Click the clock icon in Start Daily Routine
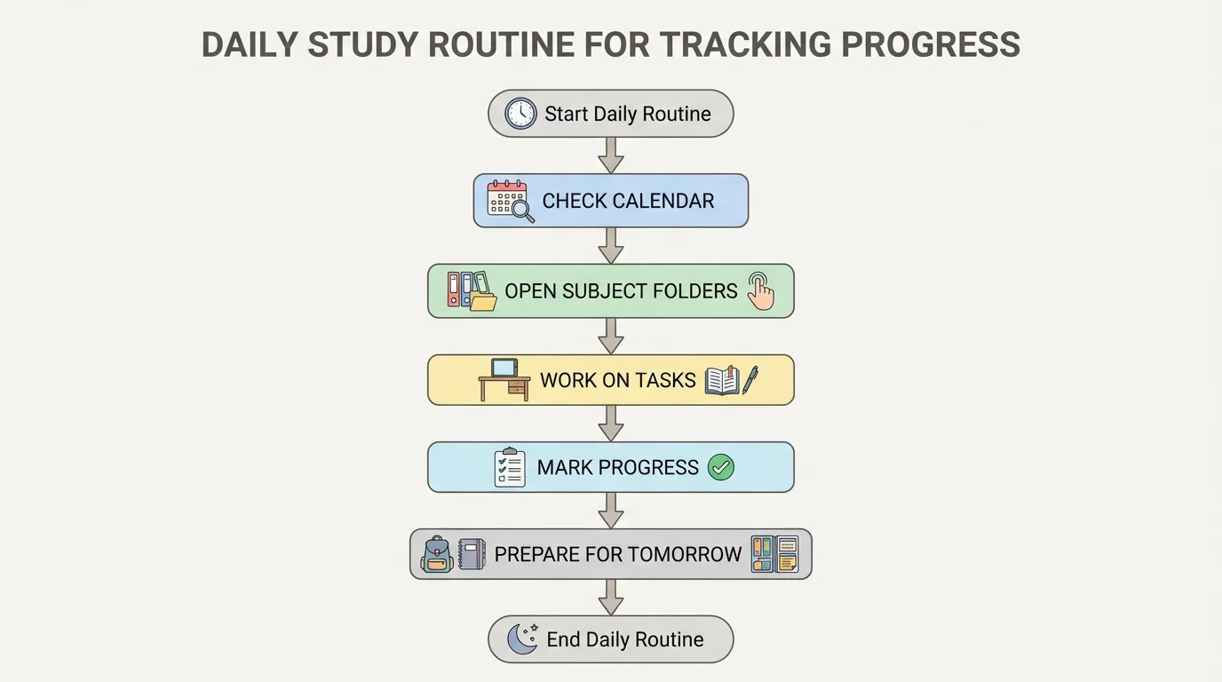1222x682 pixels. point(520,114)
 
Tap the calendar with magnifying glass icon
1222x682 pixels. point(510,201)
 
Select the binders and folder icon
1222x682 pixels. point(472,290)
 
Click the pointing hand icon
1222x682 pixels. point(760,290)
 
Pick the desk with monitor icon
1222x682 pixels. point(504,379)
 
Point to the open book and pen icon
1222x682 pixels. point(731,380)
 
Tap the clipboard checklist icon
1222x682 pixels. point(509,467)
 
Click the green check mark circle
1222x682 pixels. point(720,467)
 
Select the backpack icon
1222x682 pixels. point(436,554)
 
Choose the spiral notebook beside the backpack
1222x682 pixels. point(472,554)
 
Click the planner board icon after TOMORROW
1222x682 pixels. point(774,554)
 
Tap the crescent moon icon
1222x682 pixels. point(522,638)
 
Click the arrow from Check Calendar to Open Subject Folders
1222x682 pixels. point(610,245)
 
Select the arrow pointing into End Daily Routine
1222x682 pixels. point(610,597)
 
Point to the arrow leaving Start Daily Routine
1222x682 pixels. point(610,155)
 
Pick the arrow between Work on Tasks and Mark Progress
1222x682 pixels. point(610,423)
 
